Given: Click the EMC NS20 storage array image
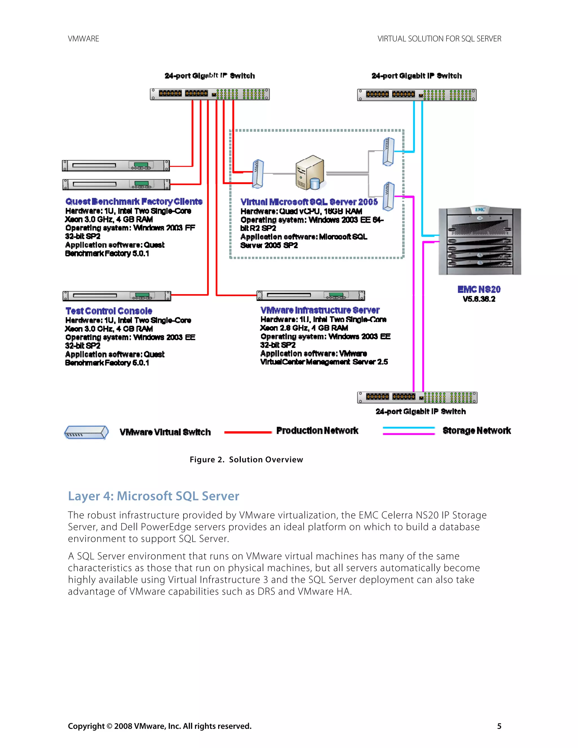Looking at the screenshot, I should (480, 241).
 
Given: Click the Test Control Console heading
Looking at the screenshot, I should (109, 311).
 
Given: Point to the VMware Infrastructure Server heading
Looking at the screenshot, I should (320, 310).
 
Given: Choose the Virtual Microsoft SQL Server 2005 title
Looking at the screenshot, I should (309, 202).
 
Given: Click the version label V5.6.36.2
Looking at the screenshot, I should (479, 299).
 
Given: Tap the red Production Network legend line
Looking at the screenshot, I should (248, 432).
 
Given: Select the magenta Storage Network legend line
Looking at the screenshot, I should (408, 434).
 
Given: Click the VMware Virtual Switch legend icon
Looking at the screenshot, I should (87, 432).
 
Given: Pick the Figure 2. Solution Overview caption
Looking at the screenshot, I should (246, 460).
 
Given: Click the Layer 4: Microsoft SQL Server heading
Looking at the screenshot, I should (154, 496).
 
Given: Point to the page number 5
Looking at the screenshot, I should (499, 726).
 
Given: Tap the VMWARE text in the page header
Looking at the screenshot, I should (83, 39).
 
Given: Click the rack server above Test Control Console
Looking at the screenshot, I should (117, 296).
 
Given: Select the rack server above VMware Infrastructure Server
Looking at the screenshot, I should (310, 295).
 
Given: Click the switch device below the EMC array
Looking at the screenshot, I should (417, 397).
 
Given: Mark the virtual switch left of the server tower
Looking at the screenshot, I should (258, 174).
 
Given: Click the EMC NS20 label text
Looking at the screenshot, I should (479, 289).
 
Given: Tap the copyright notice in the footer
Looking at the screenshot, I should (159, 726).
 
